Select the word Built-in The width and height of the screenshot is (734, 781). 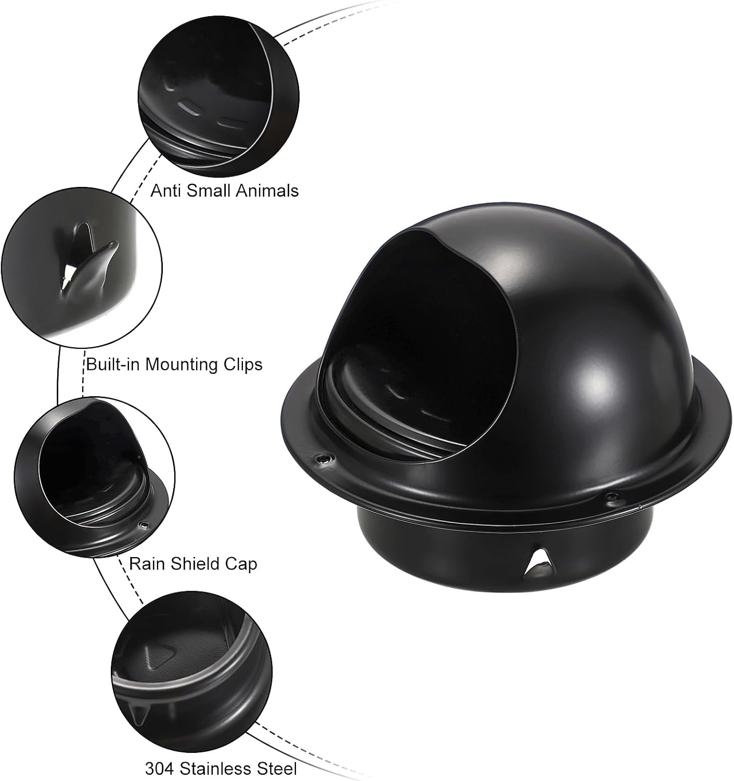[113, 364]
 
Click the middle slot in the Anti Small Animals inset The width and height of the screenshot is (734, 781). [189, 108]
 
